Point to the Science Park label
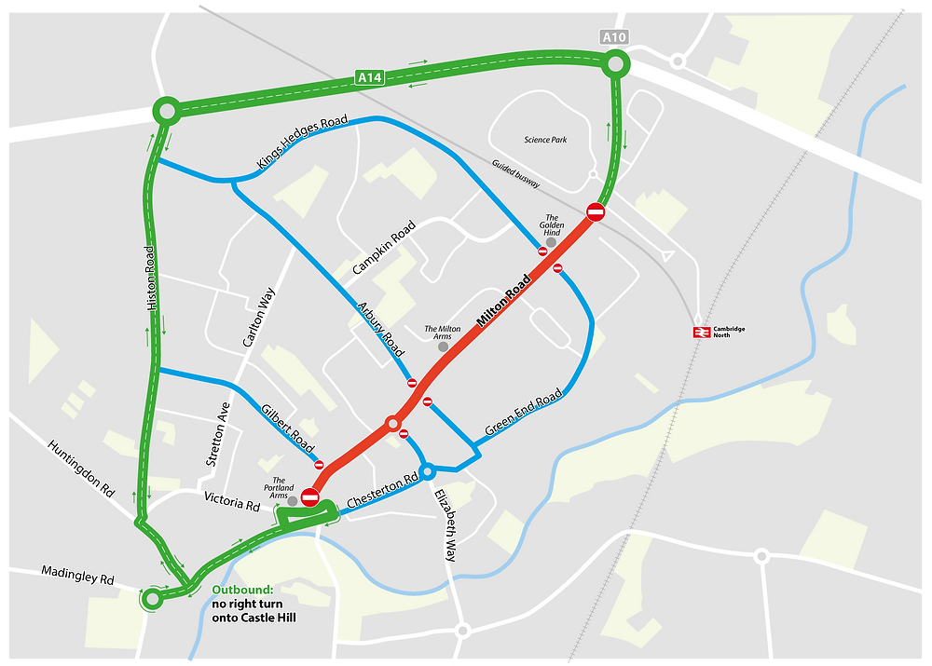545,140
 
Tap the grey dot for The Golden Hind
551,242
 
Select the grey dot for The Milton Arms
443,347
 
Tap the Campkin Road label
384,248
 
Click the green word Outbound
242,590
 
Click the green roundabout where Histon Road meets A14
167,112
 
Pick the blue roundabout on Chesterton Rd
428,471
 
